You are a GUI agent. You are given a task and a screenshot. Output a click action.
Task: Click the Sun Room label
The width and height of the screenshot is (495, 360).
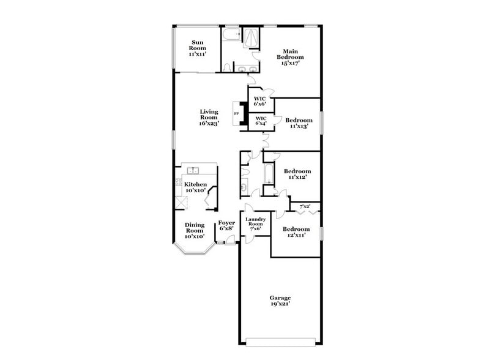(x=197, y=45)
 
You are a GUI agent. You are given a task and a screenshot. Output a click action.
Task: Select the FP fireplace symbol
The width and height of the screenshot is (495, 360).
(x=236, y=114)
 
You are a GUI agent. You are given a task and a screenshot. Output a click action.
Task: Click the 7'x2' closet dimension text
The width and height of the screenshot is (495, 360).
(x=305, y=206)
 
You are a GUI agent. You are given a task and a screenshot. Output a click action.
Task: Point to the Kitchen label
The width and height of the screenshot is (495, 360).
(x=196, y=184)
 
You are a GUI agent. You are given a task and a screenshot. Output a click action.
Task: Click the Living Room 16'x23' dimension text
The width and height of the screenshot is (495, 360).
(x=209, y=123)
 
